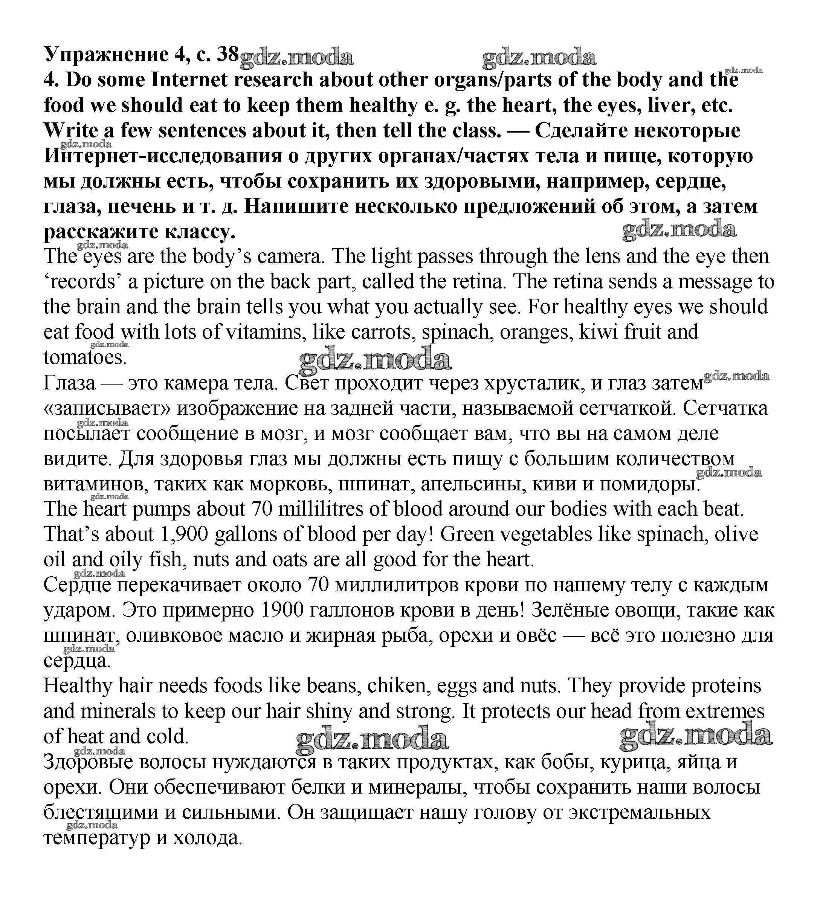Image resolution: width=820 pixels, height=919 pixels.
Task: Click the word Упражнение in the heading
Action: (x=105, y=55)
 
